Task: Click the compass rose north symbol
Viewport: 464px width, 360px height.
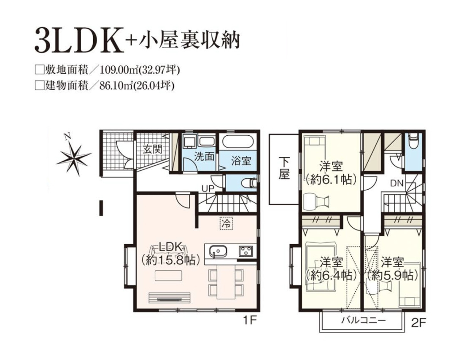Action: click(73, 156)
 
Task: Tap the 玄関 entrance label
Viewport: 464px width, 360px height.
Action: click(153, 149)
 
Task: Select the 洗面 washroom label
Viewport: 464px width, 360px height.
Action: click(204, 156)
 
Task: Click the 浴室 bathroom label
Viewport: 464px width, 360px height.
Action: click(241, 161)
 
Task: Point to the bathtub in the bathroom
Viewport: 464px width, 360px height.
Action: click(238, 142)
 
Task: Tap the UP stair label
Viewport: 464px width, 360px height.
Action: click(208, 188)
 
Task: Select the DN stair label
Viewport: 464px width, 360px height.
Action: click(397, 183)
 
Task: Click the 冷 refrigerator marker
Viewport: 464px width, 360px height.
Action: click(227, 223)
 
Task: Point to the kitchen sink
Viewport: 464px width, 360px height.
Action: click(219, 251)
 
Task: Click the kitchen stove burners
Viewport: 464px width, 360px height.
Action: click(246, 251)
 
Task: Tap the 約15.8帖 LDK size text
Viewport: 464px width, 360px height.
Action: click(170, 260)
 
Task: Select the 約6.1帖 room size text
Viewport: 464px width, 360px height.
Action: click(331, 179)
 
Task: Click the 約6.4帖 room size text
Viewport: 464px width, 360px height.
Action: click(331, 275)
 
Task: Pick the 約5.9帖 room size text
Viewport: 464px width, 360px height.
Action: click(392, 275)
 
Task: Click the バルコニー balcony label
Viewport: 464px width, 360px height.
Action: click(364, 320)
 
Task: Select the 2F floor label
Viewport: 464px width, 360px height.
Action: click(418, 323)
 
